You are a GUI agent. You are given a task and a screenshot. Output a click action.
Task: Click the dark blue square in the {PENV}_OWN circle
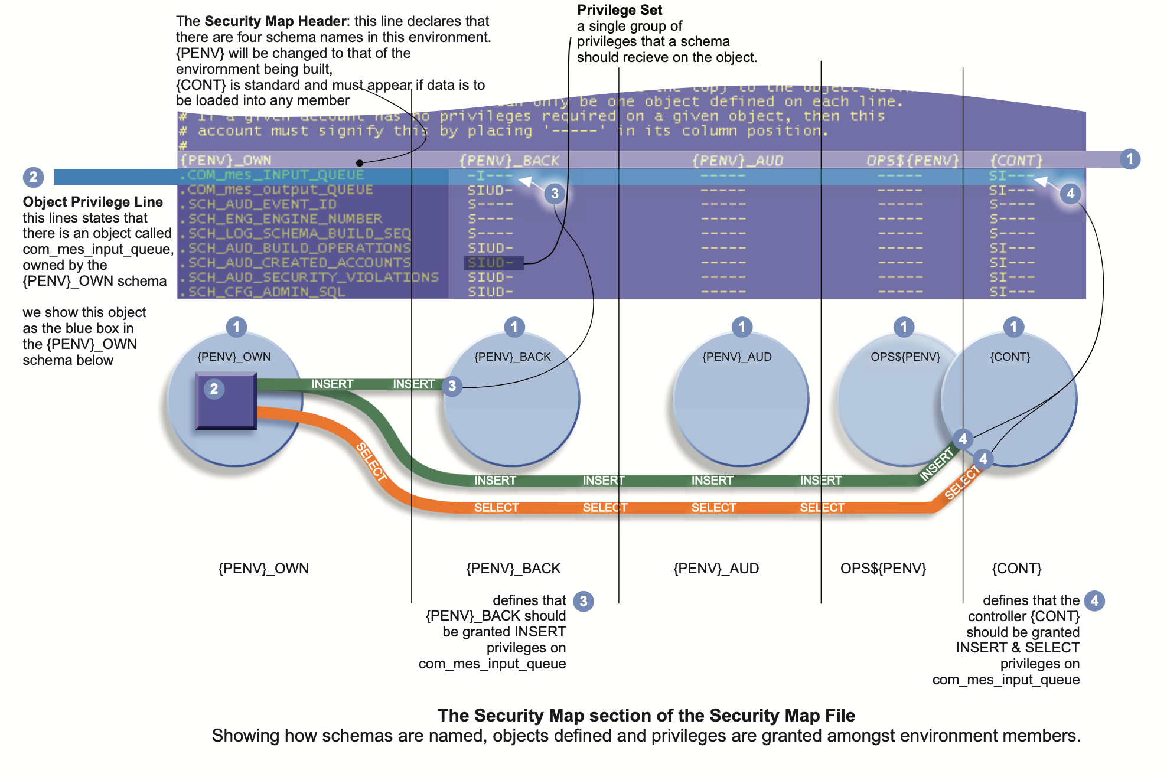(x=226, y=400)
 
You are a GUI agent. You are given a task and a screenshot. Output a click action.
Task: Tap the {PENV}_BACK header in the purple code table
(x=509, y=160)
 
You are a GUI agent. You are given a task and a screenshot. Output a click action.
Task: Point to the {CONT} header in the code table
(x=1016, y=160)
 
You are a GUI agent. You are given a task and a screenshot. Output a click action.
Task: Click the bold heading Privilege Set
(x=619, y=10)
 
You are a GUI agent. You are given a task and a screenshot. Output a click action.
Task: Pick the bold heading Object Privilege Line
(x=93, y=202)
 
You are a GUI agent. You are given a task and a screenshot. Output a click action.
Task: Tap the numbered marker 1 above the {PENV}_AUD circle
(x=742, y=327)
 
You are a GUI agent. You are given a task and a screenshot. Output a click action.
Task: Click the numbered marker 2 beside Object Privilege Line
(x=33, y=177)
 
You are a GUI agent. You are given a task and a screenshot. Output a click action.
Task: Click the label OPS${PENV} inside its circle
(x=905, y=357)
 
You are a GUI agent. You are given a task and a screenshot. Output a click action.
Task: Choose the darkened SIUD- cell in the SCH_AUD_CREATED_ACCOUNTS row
(x=490, y=263)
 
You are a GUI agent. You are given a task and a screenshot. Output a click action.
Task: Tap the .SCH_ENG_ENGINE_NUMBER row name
(x=285, y=218)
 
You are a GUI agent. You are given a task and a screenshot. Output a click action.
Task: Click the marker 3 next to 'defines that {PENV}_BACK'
(x=583, y=601)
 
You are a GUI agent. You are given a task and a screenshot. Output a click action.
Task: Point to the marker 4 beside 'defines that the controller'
(x=1094, y=601)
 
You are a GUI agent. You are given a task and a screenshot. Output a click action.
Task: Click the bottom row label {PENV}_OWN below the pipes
(x=263, y=568)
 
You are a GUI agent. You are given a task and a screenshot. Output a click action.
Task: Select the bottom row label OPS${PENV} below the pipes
(x=883, y=568)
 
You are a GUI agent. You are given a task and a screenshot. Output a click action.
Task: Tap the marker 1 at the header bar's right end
(x=1130, y=159)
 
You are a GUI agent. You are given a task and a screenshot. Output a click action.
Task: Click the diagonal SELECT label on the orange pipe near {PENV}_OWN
(x=371, y=462)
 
